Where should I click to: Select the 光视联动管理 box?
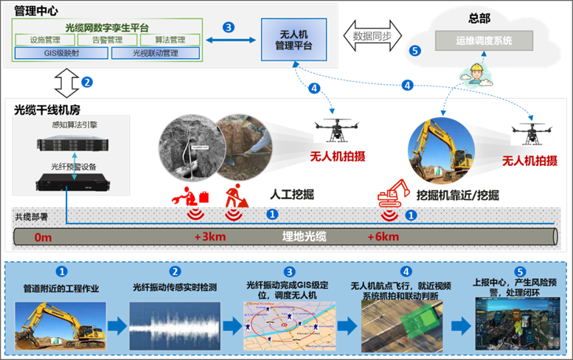(x=156, y=53)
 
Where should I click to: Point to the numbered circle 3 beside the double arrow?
(x=229, y=27)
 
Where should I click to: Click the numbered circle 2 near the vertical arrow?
(x=87, y=82)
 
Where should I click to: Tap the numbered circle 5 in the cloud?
(x=415, y=52)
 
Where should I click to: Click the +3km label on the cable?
(x=209, y=237)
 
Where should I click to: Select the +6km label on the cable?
(x=383, y=237)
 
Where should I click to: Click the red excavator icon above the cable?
(x=392, y=194)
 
